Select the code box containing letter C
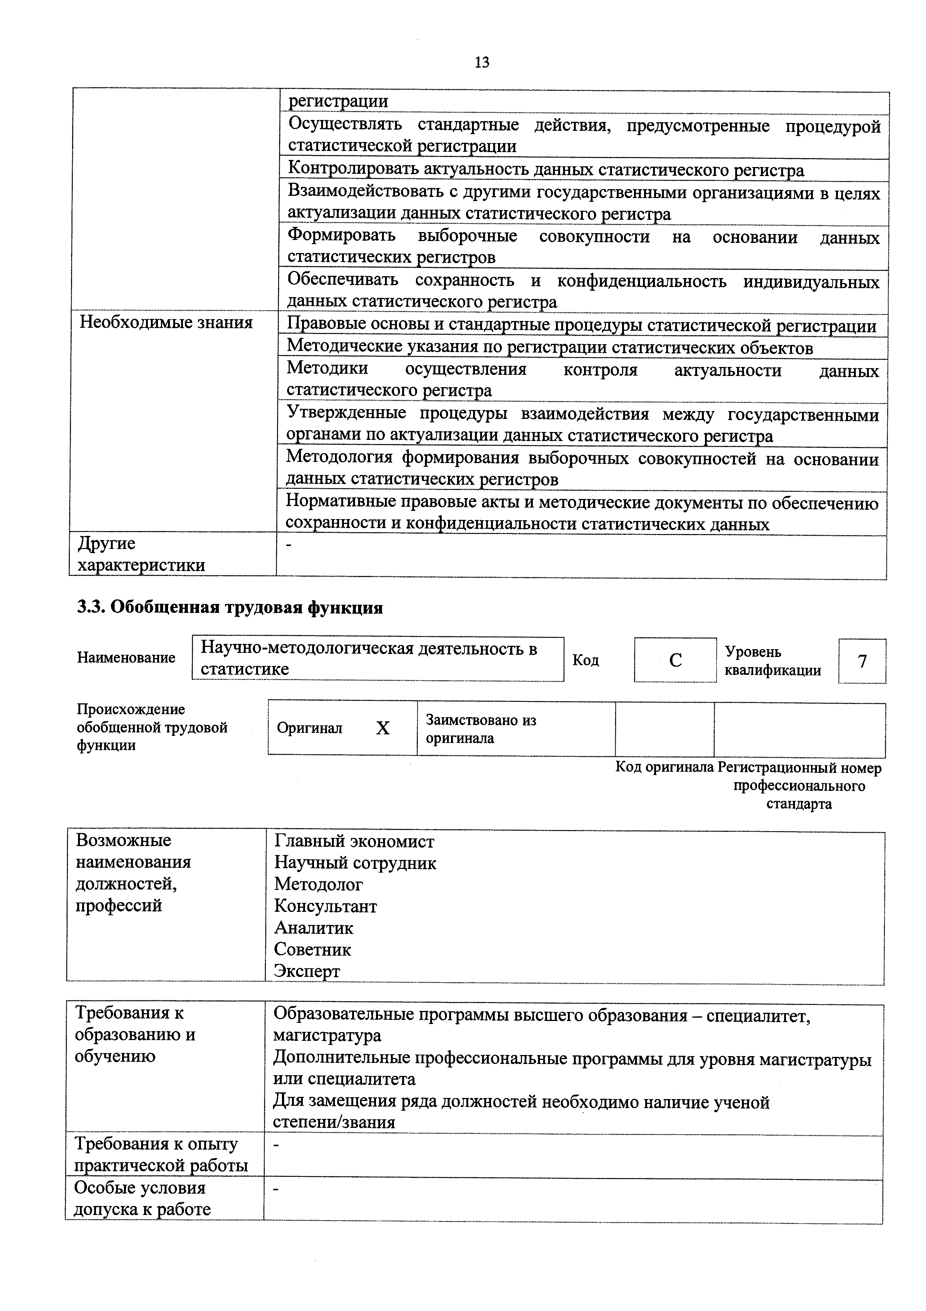pos(675,660)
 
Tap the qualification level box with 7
pos(862,661)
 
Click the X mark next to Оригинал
pos(383,728)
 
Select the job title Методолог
pos(318,885)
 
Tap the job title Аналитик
pos(314,928)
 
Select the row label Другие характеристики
pos(141,555)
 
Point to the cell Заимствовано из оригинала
pos(481,729)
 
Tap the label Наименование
pos(126,658)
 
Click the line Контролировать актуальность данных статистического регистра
pos(546,170)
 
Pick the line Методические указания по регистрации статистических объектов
pos(549,348)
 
